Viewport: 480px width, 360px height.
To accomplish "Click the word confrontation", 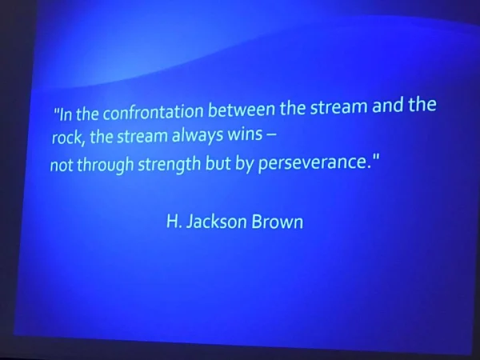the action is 153,112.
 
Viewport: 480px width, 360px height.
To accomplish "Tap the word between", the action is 242,109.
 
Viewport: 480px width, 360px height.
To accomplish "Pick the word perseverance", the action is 312,162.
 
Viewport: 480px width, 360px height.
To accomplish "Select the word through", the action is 105,165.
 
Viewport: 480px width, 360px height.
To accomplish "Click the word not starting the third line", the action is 62,166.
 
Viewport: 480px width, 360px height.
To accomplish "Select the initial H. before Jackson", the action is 174,221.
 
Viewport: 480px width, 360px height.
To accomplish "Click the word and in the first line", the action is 388,105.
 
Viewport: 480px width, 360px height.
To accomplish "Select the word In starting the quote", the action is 66,114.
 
